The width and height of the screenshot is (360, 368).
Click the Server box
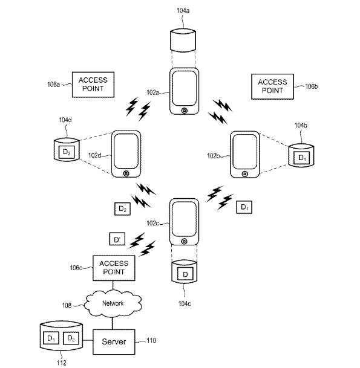point(114,342)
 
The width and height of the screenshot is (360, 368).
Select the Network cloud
point(113,303)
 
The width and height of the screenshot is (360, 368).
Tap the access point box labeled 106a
point(93,85)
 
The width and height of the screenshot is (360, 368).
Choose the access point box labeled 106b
point(273,86)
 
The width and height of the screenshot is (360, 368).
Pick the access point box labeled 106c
point(114,268)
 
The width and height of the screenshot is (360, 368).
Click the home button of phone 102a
point(185,111)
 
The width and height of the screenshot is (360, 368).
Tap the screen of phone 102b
point(245,152)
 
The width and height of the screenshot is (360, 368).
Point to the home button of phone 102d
point(126,173)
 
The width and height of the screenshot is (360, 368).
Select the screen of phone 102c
point(184,219)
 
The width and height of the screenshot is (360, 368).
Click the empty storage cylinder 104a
point(183,40)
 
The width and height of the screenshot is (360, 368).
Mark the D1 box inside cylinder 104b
point(301,158)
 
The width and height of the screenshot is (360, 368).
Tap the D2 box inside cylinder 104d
point(67,152)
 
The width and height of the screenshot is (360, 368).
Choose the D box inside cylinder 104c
point(185,274)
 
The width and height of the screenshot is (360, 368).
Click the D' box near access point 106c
point(117,239)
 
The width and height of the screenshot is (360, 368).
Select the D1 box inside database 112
point(51,338)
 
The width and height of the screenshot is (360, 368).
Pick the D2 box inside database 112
point(71,338)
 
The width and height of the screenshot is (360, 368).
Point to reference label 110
point(151,340)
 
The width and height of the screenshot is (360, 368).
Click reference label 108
point(67,305)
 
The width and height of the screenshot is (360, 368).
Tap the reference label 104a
point(183,10)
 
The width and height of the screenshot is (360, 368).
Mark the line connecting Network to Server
point(113,323)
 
